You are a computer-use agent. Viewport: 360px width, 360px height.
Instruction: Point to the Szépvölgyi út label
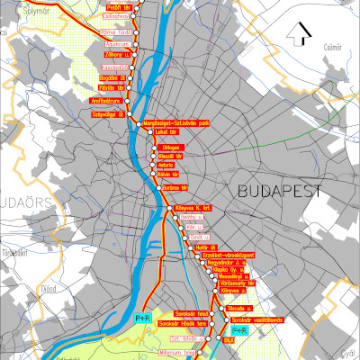[107, 114]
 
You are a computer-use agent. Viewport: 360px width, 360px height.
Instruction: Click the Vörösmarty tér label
[238, 283]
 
